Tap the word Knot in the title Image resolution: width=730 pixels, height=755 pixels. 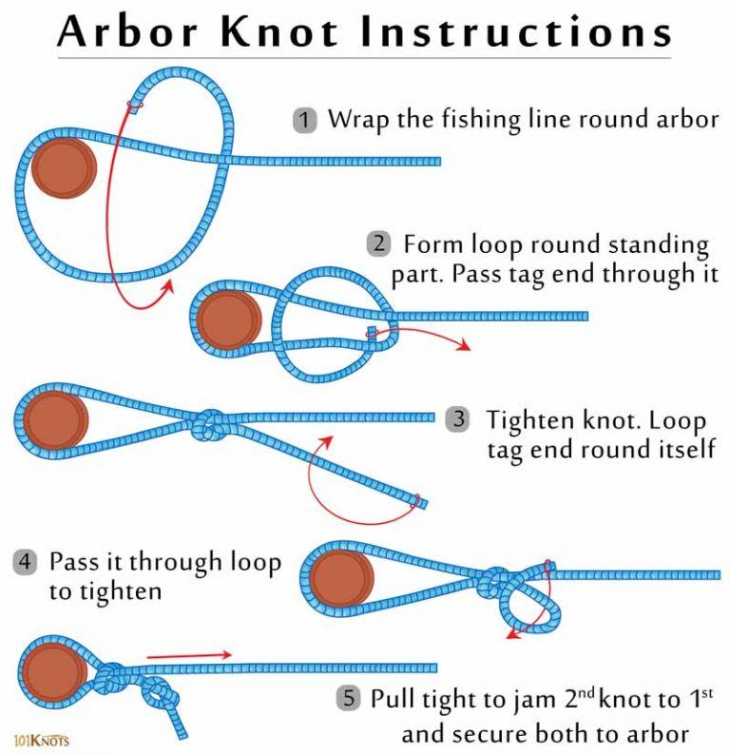click(x=289, y=31)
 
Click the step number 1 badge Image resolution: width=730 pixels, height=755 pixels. click(x=304, y=121)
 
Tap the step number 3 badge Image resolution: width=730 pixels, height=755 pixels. click(x=459, y=419)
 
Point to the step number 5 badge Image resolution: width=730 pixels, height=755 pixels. click(x=349, y=699)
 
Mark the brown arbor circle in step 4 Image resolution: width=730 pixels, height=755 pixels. click(x=339, y=576)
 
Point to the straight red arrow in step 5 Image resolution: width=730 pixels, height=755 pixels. click(x=189, y=654)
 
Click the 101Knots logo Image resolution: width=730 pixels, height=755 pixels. click(x=42, y=738)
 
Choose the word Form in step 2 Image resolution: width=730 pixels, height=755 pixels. click(x=432, y=244)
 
